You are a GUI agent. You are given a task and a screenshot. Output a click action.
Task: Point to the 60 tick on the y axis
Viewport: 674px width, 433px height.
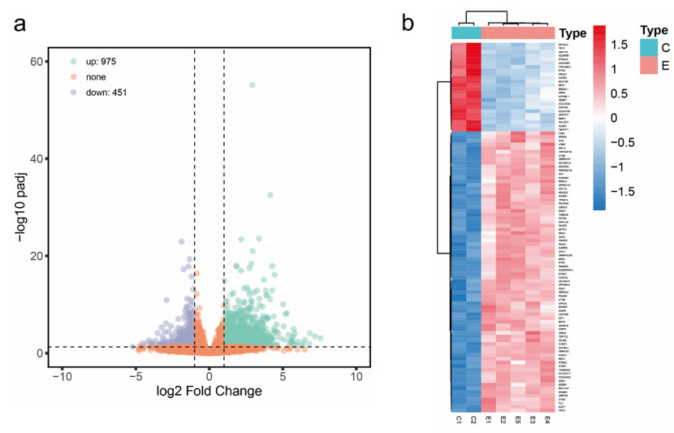pos(37,61)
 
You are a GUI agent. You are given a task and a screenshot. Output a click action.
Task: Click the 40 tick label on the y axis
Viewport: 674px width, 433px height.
pos(37,158)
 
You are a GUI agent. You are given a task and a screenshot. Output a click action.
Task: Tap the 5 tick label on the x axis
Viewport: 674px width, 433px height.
pos(283,379)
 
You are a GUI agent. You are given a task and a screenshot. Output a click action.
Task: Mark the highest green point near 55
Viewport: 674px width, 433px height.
pos(253,85)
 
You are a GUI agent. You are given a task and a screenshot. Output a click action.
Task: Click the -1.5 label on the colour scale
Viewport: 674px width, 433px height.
pos(621,192)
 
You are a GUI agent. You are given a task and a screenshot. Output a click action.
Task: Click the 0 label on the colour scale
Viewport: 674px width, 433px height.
pos(614,118)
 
